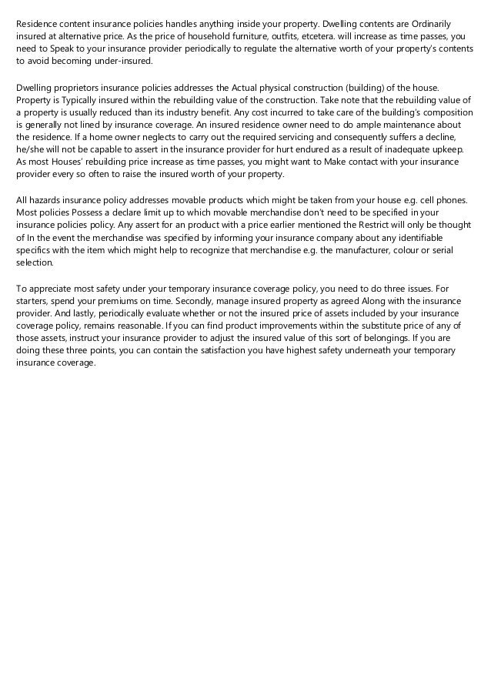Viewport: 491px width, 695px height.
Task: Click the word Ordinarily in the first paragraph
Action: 450,25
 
